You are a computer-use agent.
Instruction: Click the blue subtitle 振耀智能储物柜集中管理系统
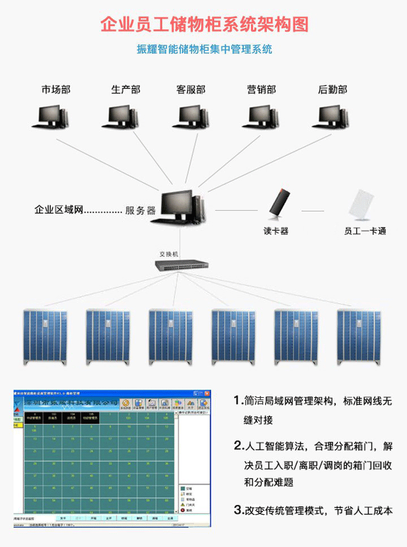[204, 49]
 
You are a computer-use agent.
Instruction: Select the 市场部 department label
[56, 89]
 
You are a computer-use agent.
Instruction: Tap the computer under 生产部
[121, 117]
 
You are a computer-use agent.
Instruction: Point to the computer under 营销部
[261, 117]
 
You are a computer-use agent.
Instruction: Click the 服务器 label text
[140, 210]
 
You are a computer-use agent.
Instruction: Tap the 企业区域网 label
[59, 210]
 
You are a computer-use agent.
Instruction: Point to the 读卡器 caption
[276, 231]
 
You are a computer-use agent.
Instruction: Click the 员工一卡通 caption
[365, 231]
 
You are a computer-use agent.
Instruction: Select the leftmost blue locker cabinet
[45, 337]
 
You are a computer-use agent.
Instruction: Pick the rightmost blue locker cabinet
[359, 337]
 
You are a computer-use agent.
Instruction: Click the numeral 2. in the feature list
[238, 445]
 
